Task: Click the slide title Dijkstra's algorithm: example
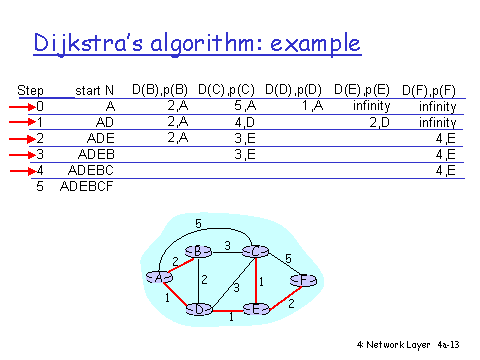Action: (197, 44)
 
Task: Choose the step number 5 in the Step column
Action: (39, 187)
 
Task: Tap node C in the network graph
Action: (257, 250)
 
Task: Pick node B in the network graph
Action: (201, 250)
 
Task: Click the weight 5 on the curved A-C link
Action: (198, 223)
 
